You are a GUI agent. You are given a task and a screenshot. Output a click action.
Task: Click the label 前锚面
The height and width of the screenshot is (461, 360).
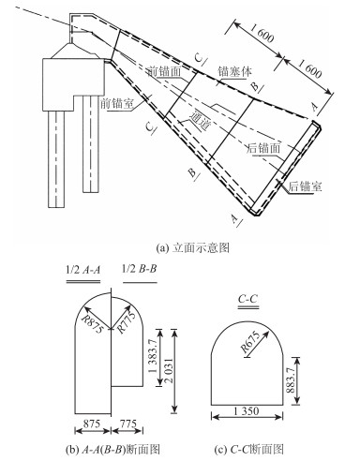click(164, 72)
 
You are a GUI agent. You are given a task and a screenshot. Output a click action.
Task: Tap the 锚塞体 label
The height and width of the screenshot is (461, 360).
click(234, 72)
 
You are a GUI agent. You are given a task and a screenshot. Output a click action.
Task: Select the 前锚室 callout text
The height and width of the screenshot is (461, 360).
click(117, 104)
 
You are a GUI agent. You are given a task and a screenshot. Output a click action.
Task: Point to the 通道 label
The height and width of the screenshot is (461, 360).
click(200, 120)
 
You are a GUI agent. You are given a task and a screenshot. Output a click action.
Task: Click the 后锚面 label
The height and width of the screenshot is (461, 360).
click(263, 148)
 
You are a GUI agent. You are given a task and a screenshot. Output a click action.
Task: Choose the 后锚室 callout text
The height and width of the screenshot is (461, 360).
click(305, 186)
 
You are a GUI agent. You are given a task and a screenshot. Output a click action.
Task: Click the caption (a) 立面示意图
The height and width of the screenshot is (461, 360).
click(192, 248)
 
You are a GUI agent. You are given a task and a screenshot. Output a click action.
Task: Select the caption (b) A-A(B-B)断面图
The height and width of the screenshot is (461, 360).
click(112, 450)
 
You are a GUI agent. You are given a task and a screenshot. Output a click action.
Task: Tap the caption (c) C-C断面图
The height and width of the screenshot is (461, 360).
click(249, 450)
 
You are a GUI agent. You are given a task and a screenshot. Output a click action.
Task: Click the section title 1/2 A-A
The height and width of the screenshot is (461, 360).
click(83, 270)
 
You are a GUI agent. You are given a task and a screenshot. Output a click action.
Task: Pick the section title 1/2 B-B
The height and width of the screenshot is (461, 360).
click(139, 269)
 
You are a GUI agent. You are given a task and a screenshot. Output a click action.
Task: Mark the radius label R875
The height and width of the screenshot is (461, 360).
click(91, 323)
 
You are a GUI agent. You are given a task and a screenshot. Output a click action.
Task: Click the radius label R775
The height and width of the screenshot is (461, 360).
click(127, 321)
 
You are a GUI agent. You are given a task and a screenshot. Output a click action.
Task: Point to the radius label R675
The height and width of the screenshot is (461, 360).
click(250, 342)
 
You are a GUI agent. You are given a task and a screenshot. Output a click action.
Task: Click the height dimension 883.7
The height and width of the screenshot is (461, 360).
click(291, 379)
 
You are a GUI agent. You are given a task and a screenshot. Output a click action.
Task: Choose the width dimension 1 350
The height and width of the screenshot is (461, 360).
click(247, 411)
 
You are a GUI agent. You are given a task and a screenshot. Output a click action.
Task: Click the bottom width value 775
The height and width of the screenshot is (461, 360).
click(128, 424)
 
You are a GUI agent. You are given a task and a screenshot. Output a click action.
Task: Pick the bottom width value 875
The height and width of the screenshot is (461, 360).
click(92, 424)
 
